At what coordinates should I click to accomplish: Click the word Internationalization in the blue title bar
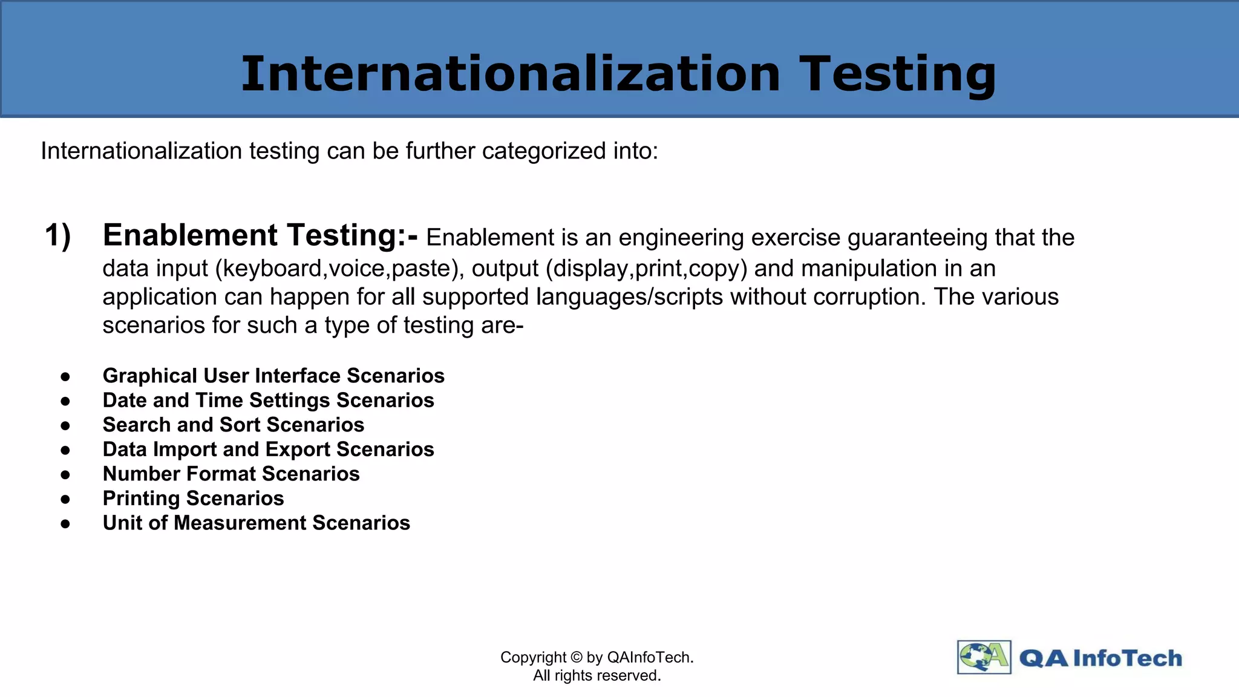tap(511, 74)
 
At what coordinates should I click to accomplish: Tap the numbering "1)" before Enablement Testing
tap(58, 235)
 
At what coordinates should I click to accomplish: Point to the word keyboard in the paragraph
tap(272, 269)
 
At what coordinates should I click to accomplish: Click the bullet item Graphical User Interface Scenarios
tap(273, 376)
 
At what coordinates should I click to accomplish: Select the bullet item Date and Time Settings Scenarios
tap(268, 401)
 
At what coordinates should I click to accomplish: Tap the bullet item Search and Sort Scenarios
tap(234, 425)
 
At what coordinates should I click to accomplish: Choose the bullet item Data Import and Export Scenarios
tap(268, 450)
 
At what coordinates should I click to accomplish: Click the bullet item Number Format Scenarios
tap(231, 474)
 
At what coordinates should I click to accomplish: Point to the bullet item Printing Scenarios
tap(193, 499)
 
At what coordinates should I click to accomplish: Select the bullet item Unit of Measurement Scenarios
tap(256, 523)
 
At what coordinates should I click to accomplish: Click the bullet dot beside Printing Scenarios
tap(65, 499)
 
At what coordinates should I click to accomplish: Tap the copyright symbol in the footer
tap(576, 658)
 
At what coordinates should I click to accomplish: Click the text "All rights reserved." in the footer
tap(597, 676)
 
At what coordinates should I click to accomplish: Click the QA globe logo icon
tap(984, 657)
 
